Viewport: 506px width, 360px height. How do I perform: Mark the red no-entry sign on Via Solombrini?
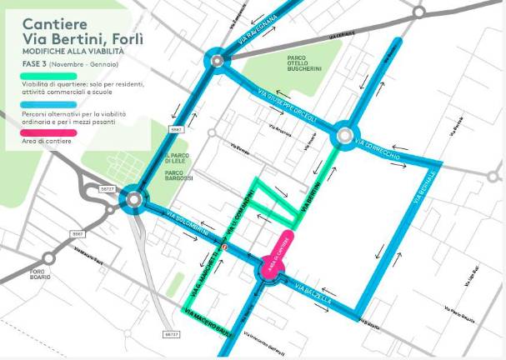(x=224, y=247)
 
